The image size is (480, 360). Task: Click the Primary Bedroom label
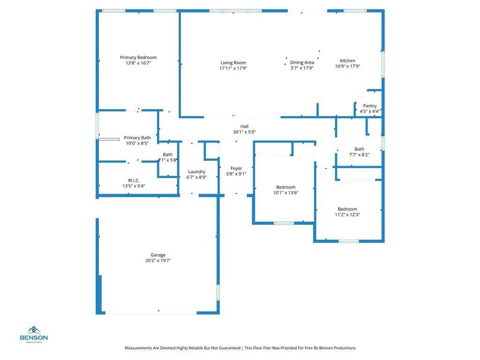tap(138, 57)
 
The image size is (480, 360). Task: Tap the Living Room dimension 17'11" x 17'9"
tap(233, 68)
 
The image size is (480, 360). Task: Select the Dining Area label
tap(302, 62)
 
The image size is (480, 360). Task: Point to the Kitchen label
tap(347, 60)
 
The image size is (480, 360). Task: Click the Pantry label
tap(369, 106)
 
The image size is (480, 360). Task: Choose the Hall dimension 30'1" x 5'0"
tap(244, 132)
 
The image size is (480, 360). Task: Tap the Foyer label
tap(236, 168)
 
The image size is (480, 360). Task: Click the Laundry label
tap(196, 172)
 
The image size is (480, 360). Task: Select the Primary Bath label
tap(137, 138)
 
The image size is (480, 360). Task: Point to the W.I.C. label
tap(134, 180)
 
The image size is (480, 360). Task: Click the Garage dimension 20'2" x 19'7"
tap(157, 261)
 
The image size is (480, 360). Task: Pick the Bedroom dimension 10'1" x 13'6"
tap(285, 193)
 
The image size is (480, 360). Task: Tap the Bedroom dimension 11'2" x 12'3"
tap(347, 215)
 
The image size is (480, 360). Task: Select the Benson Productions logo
tap(33, 334)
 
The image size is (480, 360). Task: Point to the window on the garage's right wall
tap(218, 292)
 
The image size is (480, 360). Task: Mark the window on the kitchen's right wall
tap(383, 64)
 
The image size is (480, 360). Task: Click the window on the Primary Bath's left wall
tap(97, 125)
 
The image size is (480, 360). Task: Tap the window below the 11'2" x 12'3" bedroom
tap(349, 241)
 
